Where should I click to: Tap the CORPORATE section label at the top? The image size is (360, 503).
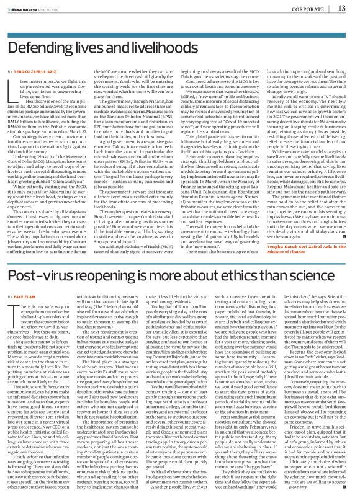point(305,9)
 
